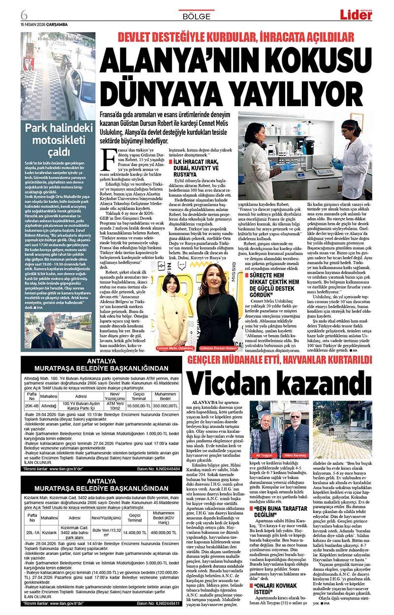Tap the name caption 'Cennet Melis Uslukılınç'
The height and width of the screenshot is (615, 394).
pos(175,347)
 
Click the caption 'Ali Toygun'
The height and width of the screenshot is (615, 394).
pos(264,456)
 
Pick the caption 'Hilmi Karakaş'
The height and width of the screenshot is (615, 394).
pos(295,456)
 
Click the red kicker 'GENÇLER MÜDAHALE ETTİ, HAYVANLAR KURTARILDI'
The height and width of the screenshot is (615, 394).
pos(280,360)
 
